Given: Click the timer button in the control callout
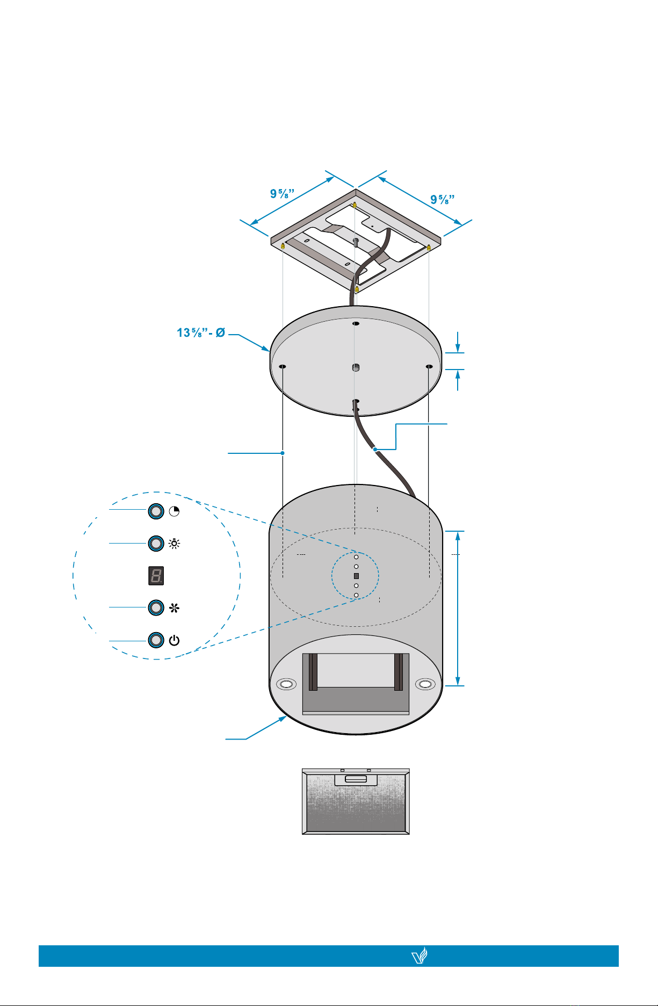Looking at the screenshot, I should coord(156,511).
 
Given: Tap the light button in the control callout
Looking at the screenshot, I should coord(156,544).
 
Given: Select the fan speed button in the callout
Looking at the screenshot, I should coord(156,607).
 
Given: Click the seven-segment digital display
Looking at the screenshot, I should coord(156,576).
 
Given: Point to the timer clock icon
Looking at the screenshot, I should coord(174,511).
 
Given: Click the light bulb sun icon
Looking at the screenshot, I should coord(175,544).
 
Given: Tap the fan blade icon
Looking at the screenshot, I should coord(175,608).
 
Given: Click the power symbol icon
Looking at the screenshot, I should coord(174,640).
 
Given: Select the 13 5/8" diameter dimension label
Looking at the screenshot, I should coord(201,333).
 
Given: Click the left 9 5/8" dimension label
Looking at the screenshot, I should coord(282,193).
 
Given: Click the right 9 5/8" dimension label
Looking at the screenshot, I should coord(443,199).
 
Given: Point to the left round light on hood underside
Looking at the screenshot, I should coord(286,684).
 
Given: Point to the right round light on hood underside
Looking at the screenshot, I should coord(425,684).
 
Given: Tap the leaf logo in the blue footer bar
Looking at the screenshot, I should coord(419,956).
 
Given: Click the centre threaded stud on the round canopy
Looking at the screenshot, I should coord(355,368).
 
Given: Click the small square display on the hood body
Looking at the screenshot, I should coord(356,576).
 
